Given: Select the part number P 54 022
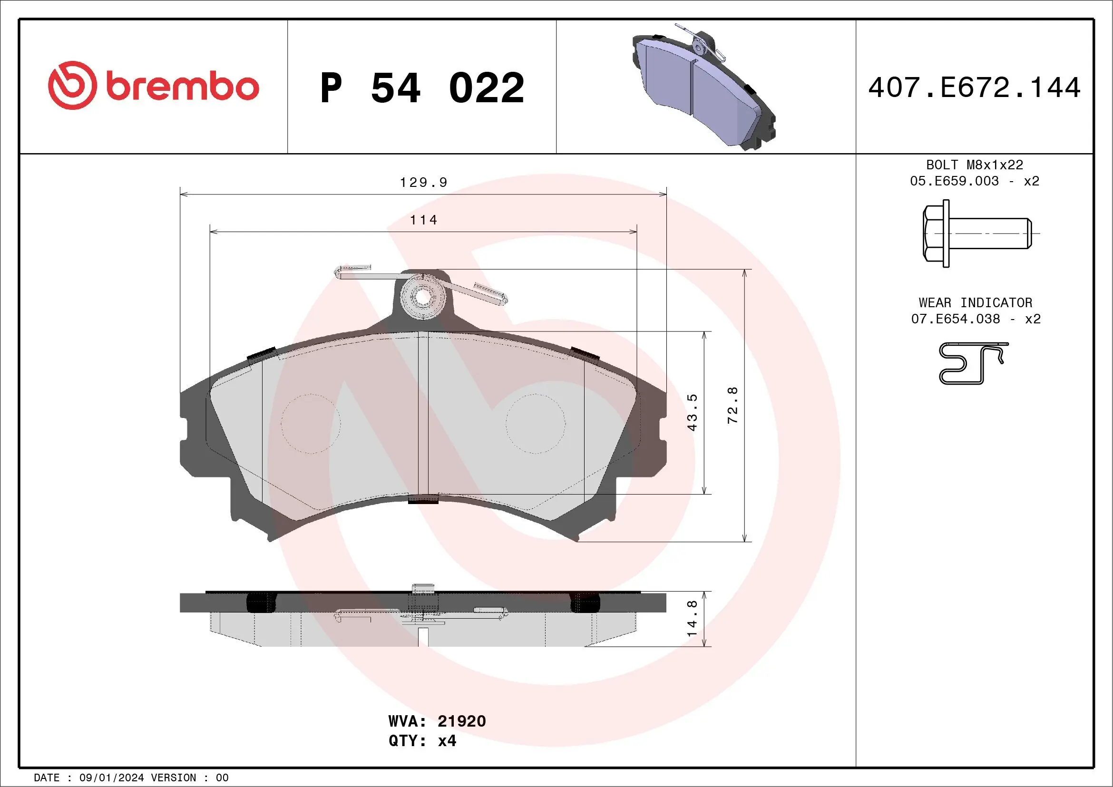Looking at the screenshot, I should coord(422,87).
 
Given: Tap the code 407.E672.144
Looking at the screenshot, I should coord(975,87).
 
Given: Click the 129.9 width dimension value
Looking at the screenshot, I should coord(423,183).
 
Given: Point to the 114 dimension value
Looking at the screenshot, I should coord(423,220).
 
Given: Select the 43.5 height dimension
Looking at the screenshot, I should coord(692,412).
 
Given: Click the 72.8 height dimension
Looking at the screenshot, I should coord(732,405).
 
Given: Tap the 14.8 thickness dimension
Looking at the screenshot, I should coord(692,619).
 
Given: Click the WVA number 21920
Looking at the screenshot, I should coord(461,721).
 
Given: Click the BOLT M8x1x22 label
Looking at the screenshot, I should coord(975,165).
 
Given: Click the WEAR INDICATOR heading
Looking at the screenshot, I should coord(976,302).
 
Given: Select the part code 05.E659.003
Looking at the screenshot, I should coord(954,181).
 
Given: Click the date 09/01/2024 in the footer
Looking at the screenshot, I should coord(111,778).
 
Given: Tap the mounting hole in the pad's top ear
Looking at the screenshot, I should coord(423,297).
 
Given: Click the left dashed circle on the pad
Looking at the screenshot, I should coord(310,424).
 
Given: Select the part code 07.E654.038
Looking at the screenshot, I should coord(955,319).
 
